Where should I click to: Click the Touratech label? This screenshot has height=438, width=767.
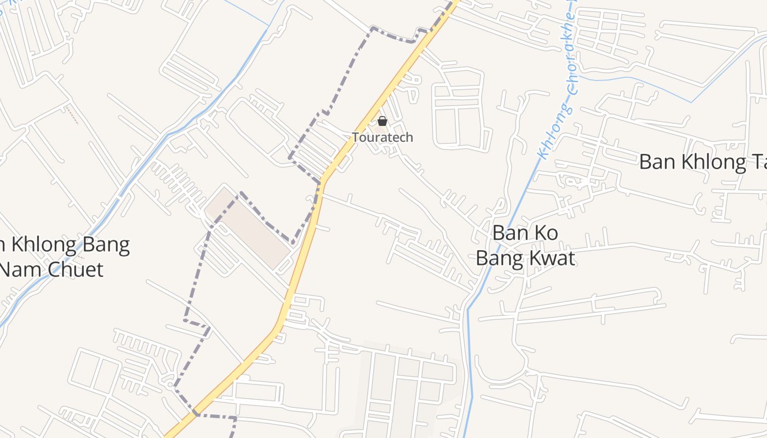[x=382, y=137]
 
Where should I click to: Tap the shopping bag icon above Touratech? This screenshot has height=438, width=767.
[x=382, y=121]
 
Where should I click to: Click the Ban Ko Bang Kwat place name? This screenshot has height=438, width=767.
[x=525, y=245]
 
